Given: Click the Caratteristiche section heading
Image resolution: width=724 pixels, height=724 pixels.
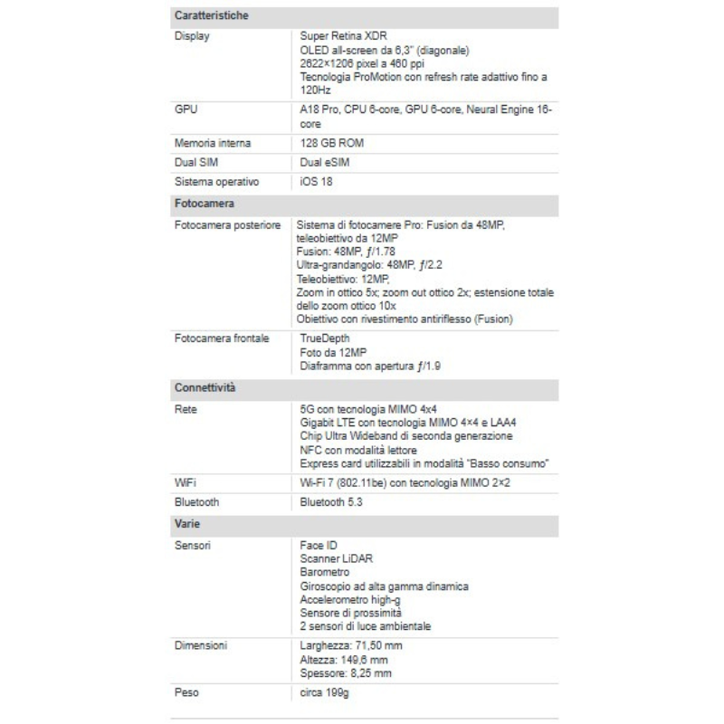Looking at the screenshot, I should coord(211,16).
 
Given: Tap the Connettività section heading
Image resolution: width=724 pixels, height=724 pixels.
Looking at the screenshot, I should coord(205,388).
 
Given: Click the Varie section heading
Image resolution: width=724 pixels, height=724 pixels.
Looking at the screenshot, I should coord(187,524).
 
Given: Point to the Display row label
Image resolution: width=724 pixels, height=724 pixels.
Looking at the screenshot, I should coord(191,36).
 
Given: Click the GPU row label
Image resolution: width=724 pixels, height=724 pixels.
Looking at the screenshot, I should coord(186,110).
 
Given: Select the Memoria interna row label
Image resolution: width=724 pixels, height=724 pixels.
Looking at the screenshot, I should coord(213,144).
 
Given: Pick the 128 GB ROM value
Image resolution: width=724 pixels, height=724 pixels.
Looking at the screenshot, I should coord(332,144).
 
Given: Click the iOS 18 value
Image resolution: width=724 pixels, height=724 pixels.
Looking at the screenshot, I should coord(316,182).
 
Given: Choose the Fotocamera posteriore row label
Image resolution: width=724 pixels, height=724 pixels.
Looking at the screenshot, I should coord(226,224).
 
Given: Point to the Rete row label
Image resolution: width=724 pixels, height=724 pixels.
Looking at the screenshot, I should coord(186,409).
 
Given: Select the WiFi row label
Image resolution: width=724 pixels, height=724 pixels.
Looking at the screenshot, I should coord(186,483).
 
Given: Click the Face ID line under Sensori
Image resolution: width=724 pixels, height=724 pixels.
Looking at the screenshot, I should coord(319,547).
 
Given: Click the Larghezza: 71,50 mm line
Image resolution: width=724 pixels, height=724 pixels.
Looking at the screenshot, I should coord(350,646).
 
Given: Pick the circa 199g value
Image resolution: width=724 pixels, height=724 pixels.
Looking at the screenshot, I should coord(325,692).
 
